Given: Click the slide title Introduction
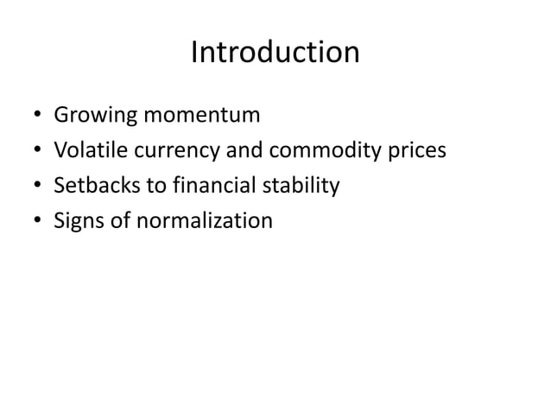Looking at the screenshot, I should tap(275, 53).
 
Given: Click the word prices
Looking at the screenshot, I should tap(418, 152).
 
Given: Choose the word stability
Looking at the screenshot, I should tap(297, 187).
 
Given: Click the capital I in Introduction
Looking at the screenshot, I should tap(193, 53).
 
